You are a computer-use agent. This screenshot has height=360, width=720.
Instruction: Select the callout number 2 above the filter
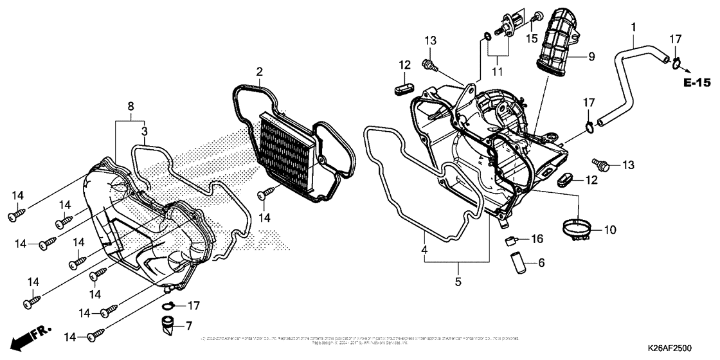[x=259, y=71]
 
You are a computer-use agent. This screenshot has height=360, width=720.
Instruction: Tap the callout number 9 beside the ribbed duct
[x=591, y=57]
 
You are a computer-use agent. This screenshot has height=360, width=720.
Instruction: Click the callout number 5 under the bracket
[x=458, y=282]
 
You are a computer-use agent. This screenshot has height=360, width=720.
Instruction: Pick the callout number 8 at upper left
[x=130, y=105]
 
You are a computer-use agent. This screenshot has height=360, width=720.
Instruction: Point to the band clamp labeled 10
[x=576, y=229]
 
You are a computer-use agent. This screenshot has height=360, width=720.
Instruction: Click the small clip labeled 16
[x=512, y=240]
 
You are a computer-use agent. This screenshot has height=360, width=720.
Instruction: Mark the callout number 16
[x=537, y=239]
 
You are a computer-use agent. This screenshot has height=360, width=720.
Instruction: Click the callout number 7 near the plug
[x=188, y=326]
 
